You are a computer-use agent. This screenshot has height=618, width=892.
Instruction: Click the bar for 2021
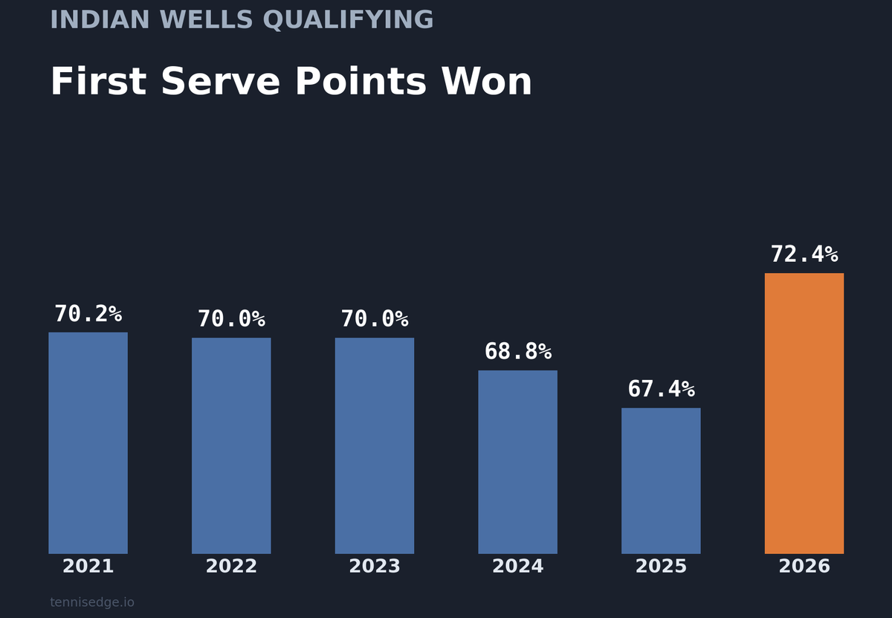tap(88, 442)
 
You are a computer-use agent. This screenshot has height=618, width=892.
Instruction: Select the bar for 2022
tap(231, 445)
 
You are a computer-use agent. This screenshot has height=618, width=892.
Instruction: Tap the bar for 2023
tap(375, 445)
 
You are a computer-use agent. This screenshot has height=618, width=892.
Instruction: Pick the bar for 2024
tap(517, 462)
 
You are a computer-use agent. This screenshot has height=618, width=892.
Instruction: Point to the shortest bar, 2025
tap(661, 480)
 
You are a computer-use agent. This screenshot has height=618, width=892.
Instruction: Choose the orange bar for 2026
tap(804, 413)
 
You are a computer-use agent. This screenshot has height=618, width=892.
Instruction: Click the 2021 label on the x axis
tap(88, 567)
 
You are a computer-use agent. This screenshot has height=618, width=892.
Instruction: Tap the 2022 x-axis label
tap(231, 567)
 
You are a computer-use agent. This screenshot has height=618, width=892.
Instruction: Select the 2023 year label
tap(375, 567)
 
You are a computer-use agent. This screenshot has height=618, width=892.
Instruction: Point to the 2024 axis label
tap(517, 567)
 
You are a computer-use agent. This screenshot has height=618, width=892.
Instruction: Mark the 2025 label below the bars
tap(661, 567)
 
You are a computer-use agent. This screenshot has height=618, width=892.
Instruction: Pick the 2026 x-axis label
tap(804, 567)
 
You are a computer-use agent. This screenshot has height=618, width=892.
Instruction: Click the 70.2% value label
tap(88, 315)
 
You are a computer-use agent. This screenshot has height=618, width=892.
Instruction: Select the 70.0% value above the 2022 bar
tap(231, 320)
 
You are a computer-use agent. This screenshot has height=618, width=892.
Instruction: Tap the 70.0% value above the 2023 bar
tap(375, 320)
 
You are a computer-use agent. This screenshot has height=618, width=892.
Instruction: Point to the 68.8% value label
tap(517, 352)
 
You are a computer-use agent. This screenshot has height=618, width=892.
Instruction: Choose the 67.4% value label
tap(661, 390)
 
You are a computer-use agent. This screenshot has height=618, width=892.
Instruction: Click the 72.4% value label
tap(804, 255)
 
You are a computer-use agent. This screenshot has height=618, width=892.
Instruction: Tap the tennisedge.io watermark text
tap(92, 602)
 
